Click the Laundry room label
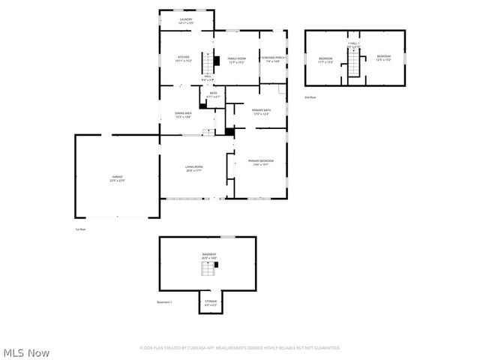pyautogui.click(x=186, y=21)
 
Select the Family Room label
pyautogui.click(x=235, y=58)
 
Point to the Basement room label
pyautogui.click(x=208, y=256)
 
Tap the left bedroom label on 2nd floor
pyautogui.click(x=325, y=58)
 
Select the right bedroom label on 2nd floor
pyautogui.click(x=383, y=58)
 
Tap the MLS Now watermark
pyautogui.click(x=26, y=352)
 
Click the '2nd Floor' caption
pyautogui.click(x=310, y=97)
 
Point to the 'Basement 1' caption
pyautogui.click(x=164, y=302)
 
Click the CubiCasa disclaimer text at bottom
pyautogui.click(x=239, y=348)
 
